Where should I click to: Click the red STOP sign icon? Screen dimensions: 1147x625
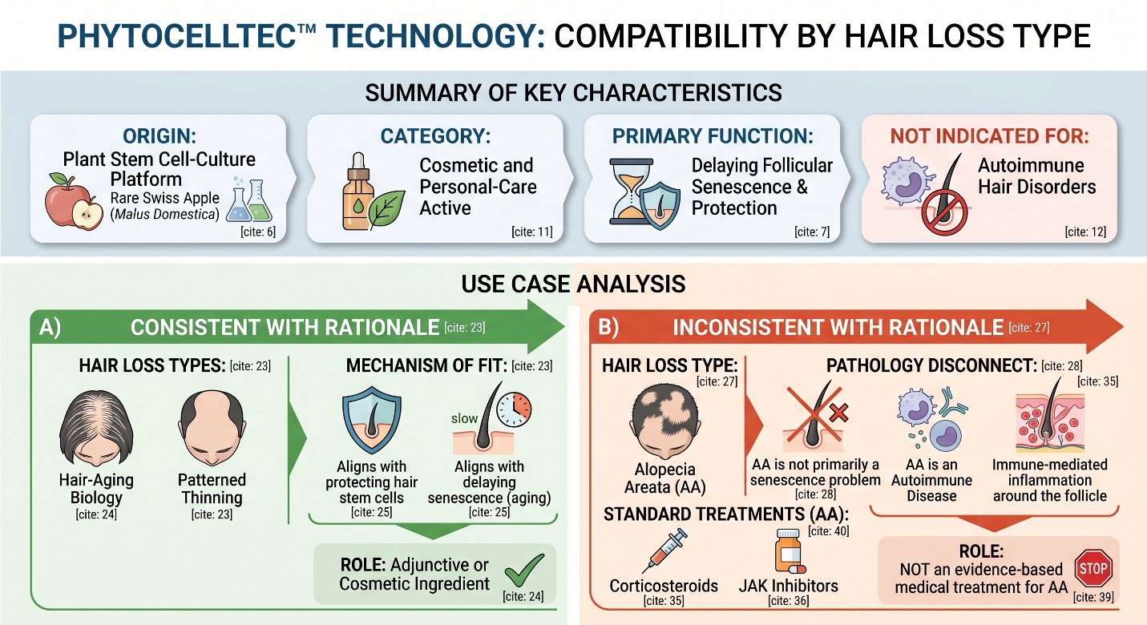pos(1093,568)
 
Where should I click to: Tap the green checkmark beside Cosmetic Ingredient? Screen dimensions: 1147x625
pos(524,571)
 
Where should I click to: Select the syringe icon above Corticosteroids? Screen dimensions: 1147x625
pos(664,550)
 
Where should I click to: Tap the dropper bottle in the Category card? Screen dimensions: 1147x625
pos(358,191)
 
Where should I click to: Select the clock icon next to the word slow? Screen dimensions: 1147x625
pos(514,409)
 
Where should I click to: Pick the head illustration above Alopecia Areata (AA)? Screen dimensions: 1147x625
pos(665,421)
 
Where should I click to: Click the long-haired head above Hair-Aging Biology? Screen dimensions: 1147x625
pos(96,427)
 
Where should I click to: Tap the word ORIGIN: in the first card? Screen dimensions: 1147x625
pos(160,136)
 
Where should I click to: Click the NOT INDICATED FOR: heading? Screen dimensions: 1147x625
pos(989,136)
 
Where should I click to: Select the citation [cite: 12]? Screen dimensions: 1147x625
pos(1085,232)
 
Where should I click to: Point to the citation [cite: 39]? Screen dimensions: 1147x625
pos(1093,598)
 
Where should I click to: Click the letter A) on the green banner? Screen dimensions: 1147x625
pos(50,327)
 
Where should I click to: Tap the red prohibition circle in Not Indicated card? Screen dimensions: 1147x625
pos(944,212)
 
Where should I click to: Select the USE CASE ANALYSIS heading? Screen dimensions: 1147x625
pos(574,284)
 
